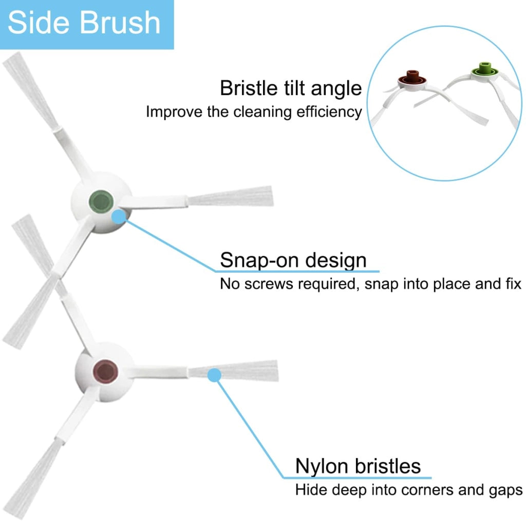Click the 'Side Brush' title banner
point(87,25)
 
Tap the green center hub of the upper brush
point(101,202)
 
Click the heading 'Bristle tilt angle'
point(291,88)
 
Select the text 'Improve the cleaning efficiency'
point(254,111)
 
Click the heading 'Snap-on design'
point(293,260)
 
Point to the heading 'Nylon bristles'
point(358,466)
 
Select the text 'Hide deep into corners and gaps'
point(409,490)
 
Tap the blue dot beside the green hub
point(119,217)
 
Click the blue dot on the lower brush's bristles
point(214,375)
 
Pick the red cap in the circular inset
point(412,78)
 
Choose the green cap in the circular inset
point(484,69)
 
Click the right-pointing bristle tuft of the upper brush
point(231,196)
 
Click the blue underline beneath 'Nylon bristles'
point(357,478)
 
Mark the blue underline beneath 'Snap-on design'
point(297,271)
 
